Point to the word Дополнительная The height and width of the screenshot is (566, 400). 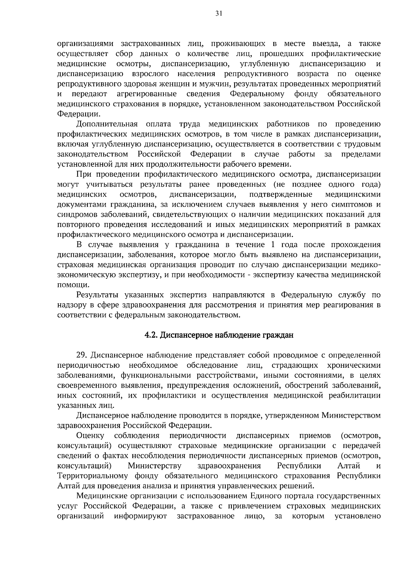(107, 124)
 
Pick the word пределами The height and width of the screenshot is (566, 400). (361, 154)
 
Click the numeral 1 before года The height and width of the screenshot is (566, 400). (273, 245)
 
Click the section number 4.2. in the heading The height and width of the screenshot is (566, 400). (151, 335)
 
